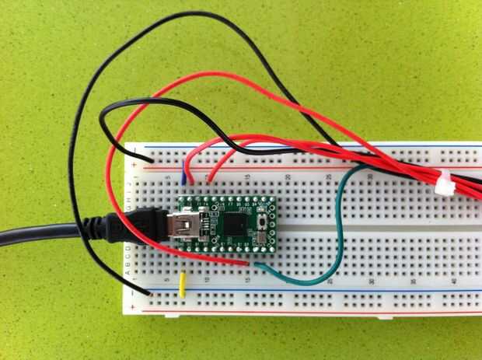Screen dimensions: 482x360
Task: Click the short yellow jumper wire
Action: [182, 285]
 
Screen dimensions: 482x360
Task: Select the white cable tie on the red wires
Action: [443, 184]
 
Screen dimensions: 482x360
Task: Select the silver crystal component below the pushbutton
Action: [267, 234]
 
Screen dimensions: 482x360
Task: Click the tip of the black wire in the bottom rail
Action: [148, 293]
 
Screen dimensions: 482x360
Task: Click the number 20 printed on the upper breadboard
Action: [288, 178]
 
